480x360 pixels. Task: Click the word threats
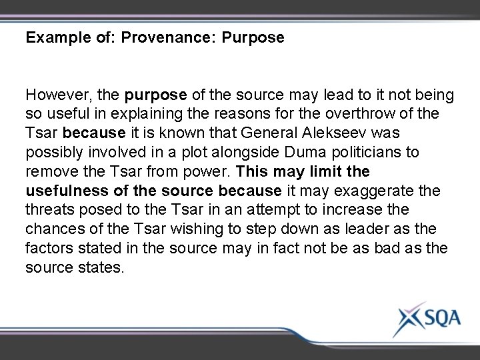pyautogui.click(x=50, y=210)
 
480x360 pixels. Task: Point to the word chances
pyautogui.click(x=55, y=229)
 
